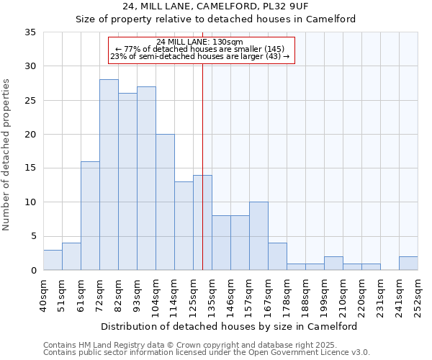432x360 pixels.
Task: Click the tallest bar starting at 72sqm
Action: tap(109, 175)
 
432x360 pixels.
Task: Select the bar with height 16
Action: tap(90, 216)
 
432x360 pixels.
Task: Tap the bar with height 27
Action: tap(146, 179)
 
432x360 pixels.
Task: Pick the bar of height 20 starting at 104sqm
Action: tap(165, 202)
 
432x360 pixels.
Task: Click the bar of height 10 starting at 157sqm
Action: tap(258, 236)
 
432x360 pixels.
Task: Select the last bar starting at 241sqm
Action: tap(408, 264)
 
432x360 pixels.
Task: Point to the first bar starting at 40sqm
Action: tap(53, 260)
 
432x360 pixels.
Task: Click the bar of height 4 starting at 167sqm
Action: tap(277, 256)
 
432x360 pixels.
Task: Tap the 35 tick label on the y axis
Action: tap(30, 32)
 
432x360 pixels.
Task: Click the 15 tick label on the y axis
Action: tap(30, 168)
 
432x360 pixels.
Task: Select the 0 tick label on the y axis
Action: tap(32, 271)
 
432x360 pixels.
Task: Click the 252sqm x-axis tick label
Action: tap(418, 294)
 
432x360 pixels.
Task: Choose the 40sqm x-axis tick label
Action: tap(43, 294)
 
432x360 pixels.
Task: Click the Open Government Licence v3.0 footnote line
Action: tap(206, 353)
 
